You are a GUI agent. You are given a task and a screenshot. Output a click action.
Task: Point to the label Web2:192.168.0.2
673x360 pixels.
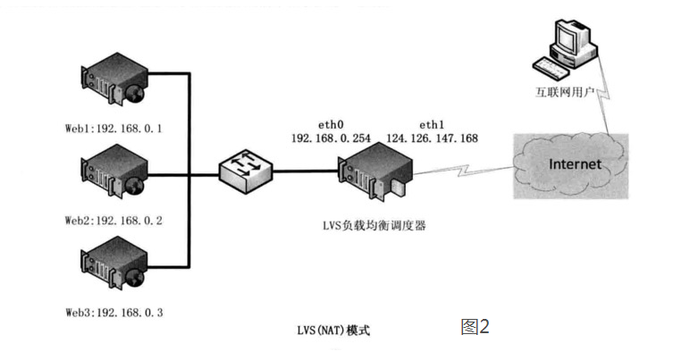[x=114, y=219]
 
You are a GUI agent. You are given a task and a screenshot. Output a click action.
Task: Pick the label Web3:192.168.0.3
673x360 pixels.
[x=114, y=313]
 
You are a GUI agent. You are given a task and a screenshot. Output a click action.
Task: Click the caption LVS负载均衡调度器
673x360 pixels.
[x=374, y=226]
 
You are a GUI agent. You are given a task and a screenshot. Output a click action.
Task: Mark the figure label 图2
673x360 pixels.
[x=475, y=326]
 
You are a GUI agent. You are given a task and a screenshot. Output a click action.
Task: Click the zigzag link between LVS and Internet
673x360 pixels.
[x=466, y=170]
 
